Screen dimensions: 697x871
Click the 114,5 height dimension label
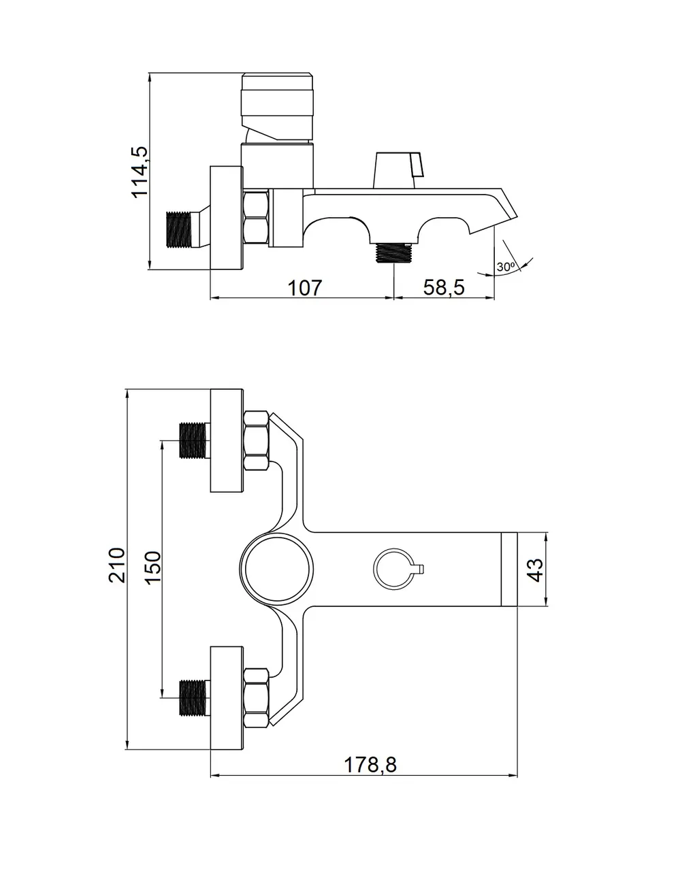tap(140, 172)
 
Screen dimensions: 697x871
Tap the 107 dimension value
tap(304, 288)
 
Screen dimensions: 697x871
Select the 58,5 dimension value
tap(444, 287)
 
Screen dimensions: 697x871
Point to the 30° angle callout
tap(506, 267)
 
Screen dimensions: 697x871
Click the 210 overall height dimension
tap(117, 565)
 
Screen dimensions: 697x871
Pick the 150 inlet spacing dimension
tap(153, 567)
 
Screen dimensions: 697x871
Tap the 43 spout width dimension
tap(536, 570)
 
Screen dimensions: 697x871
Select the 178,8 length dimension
tap(370, 765)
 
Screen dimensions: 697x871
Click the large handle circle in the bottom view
tap(276, 569)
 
